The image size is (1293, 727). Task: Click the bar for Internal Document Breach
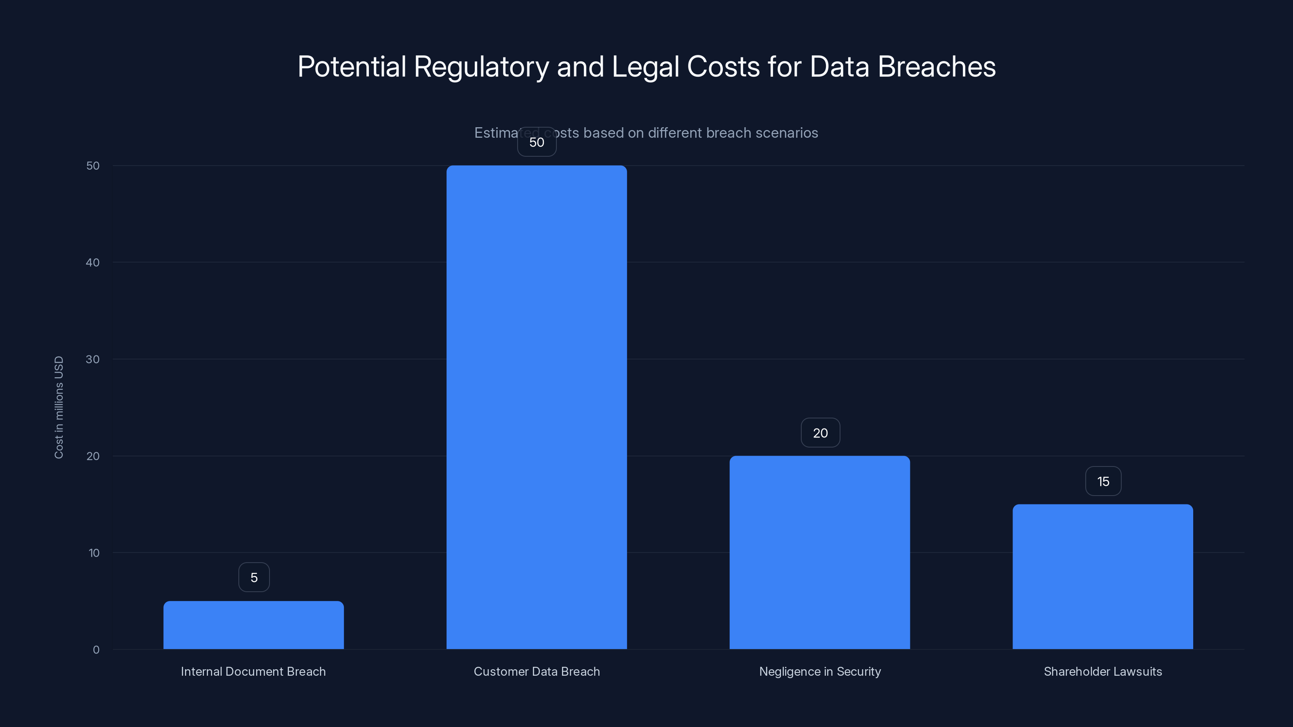click(253, 625)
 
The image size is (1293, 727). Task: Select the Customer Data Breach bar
click(537, 407)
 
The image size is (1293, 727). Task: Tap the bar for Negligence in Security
click(820, 552)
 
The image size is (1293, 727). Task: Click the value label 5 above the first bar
click(254, 578)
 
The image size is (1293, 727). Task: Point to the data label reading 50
click(537, 142)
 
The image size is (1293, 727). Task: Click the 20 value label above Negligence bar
click(820, 433)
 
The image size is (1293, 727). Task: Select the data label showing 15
click(1103, 482)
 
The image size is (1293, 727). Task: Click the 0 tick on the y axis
click(96, 650)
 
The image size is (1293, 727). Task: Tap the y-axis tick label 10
click(94, 553)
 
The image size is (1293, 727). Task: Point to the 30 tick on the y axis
click(93, 359)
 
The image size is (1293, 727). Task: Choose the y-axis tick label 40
click(93, 263)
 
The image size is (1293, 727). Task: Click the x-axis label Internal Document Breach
click(253, 671)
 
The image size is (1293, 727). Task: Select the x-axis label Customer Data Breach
click(537, 671)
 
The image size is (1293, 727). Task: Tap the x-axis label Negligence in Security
click(820, 671)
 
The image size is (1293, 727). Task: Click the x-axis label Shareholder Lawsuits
click(1103, 671)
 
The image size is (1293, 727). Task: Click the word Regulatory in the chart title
click(481, 67)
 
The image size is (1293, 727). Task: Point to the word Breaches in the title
click(937, 66)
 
